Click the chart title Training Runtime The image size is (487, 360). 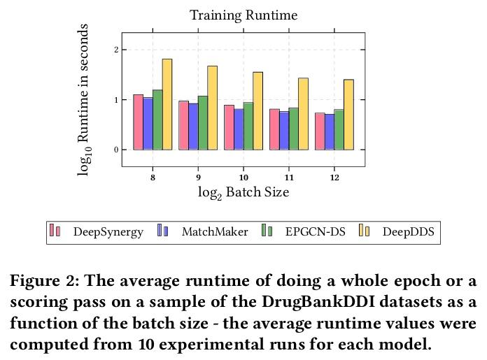click(243, 15)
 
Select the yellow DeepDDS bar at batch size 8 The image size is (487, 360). click(167, 105)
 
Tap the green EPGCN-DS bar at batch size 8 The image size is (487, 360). click(157, 120)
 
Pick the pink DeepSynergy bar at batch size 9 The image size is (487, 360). click(183, 126)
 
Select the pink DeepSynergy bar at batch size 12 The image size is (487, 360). click(320, 131)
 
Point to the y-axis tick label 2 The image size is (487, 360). click(115, 50)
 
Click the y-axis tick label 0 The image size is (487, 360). click(115, 150)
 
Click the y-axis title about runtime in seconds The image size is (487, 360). click(84, 99)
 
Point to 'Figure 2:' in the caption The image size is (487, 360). click(43, 282)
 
